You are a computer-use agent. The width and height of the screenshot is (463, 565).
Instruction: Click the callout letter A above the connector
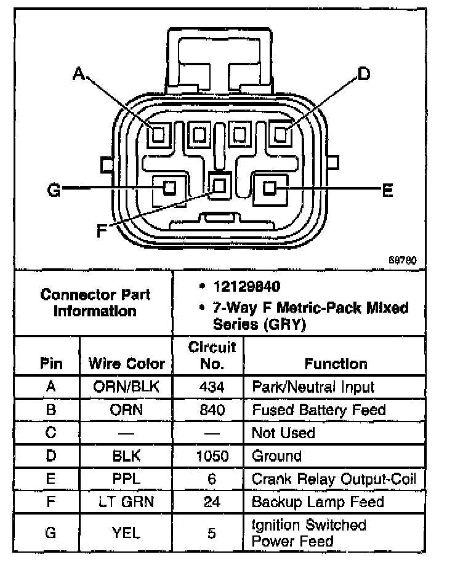point(78,74)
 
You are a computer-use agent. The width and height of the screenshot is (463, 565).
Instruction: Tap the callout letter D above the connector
point(363,74)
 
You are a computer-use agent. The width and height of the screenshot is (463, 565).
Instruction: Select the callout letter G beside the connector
point(54,191)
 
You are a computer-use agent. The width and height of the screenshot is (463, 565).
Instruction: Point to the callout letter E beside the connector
point(387,191)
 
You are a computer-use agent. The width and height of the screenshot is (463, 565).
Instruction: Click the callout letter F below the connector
point(102,231)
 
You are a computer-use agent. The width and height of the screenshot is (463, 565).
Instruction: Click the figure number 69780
point(403,260)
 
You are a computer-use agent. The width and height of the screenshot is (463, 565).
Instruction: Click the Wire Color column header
point(127,363)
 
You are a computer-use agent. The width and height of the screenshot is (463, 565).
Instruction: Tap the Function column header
point(336,363)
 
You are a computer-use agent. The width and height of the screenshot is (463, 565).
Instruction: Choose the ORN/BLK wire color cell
point(127,387)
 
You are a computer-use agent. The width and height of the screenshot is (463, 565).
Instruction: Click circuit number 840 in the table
point(212,410)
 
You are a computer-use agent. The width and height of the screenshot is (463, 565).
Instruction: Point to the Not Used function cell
point(283,433)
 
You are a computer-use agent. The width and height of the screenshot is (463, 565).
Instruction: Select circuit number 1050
point(212,456)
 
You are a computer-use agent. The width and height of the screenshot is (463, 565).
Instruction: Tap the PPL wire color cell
point(127,479)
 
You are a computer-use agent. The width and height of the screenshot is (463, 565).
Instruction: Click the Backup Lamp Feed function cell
point(317,502)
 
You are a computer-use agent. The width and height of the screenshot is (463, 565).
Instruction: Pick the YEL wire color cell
point(127,532)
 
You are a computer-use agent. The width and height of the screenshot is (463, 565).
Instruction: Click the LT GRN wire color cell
point(127,502)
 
